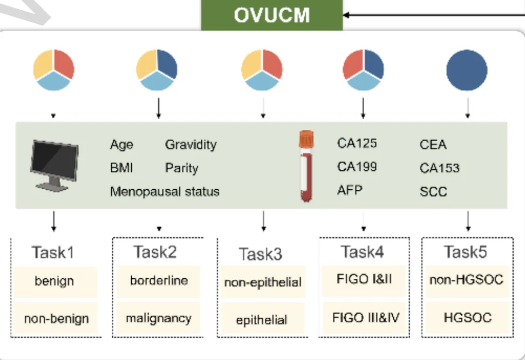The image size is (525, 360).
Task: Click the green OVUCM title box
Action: [272, 15]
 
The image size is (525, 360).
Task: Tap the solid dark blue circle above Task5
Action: [467, 70]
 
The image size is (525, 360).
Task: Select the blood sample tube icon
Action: [306, 166]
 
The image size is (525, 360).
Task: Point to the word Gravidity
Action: [191, 145]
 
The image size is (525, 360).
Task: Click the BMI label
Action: [122, 168]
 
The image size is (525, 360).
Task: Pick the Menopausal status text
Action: [165, 191]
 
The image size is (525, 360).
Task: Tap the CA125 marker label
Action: [357, 143]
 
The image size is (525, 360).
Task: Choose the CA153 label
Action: [439, 168]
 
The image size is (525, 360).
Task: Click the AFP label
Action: [350, 190]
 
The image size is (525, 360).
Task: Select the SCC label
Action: [433, 191]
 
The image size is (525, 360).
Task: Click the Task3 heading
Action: [261, 254]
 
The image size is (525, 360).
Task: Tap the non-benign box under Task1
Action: [55, 318]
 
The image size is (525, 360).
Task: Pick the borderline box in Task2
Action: [158, 281]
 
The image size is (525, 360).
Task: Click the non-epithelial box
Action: [263, 282]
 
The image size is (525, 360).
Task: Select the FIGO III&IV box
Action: [366, 317]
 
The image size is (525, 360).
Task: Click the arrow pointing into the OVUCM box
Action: [434, 15]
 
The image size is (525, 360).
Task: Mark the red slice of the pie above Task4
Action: [353, 64]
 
